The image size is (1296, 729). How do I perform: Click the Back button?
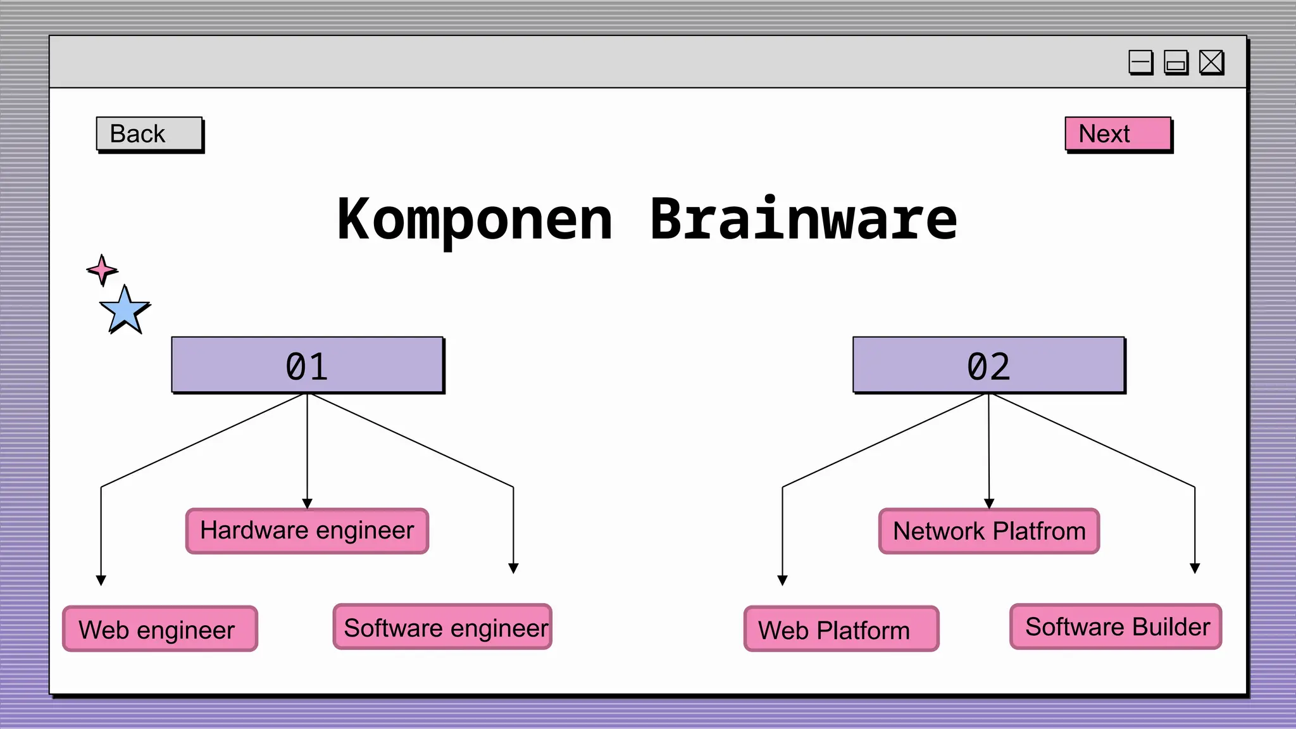(x=149, y=134)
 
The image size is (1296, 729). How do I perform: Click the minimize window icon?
(x=1140, y=62)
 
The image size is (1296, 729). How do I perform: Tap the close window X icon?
(x=1211, y=62)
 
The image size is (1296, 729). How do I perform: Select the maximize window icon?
(x=1176, y=62)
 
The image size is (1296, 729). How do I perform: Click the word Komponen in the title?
(x=475, y=220)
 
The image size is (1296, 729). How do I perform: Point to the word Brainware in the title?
(x=804, y=220)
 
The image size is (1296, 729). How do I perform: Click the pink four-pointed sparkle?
(x=102, y=270)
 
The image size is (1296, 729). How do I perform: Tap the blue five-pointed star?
(x=125, y=310)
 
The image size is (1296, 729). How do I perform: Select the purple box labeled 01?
(x=308, y=365)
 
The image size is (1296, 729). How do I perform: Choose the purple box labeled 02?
(x=988, y=365)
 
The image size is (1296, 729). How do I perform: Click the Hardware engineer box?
(x=308, y=531)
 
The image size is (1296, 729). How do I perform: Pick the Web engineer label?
(x=160, y=629)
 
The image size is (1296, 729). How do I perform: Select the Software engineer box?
(x=443, y=627)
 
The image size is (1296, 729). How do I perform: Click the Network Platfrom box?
(x=989, y=531)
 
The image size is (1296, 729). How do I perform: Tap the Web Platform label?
(x=841, y=629)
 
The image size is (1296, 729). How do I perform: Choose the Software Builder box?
(x=1116, y=626)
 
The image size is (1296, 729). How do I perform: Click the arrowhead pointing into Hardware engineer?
(x=308, y=504)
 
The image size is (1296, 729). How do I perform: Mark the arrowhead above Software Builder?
(x=1195, y=568)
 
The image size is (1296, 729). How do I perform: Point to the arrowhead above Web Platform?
(x=782, y=580)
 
